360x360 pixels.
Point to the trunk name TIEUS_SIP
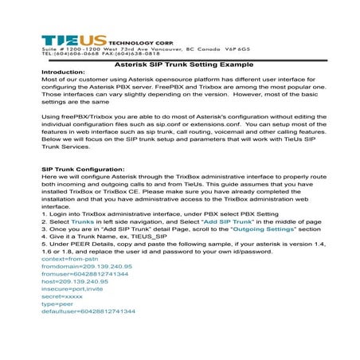pos(147,237)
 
